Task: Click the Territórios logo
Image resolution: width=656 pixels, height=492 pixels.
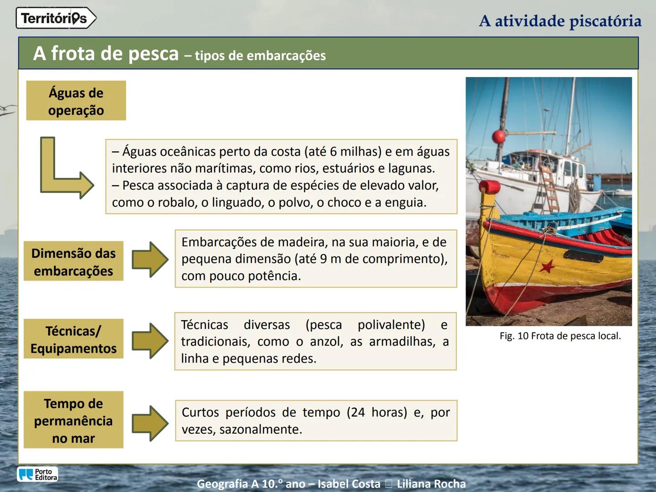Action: [x=56, y=18]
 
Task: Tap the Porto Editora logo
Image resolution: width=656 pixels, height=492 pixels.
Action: [x=38, y=474]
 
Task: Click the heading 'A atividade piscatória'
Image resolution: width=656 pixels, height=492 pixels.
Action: [x=560, y=21]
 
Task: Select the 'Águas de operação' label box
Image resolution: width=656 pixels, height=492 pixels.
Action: [x=76, y=101]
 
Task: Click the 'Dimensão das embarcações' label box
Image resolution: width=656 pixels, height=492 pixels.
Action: [x=73, y=261]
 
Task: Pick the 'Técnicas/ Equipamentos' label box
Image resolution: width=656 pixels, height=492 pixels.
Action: [x=73, y=339]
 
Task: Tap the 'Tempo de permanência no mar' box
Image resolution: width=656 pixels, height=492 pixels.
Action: [x=73, y=420]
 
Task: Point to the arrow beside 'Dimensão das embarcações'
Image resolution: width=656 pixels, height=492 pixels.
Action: [x=150, y=260]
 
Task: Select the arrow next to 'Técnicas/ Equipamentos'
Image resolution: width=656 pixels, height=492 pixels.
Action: [x=150, y=340]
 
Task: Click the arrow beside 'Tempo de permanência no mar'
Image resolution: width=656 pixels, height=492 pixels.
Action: [x=150, y=423]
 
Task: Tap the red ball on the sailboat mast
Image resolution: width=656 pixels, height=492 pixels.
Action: [x=499, y=136]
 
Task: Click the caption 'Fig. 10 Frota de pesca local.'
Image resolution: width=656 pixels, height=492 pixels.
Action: [x=560, y=336]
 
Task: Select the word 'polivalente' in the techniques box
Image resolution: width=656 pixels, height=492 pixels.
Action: [x=391, y=325]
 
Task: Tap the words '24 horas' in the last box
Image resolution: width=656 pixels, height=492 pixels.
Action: [x=376, y=412]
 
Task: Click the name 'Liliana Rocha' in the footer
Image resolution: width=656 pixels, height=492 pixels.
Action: [x=431, y=484]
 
